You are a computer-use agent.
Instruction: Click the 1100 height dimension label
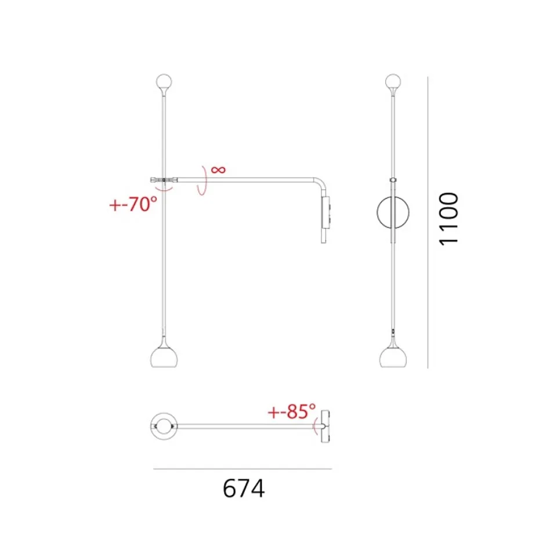click(x=449, y=219)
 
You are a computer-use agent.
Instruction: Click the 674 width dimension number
click(x=244, y=489)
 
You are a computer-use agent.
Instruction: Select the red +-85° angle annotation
click(x=292, y=411)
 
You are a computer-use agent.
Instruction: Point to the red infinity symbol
click(x=218, y=169)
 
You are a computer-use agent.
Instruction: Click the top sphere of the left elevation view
click(x=164, y=82)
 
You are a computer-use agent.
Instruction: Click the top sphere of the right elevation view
click(x=393, y=82)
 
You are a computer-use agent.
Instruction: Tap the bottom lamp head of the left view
click(x=164, y=357)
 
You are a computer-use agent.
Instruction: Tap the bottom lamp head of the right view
click(x=393, y=357)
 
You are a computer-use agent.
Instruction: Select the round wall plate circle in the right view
click(x=377, y=212)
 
